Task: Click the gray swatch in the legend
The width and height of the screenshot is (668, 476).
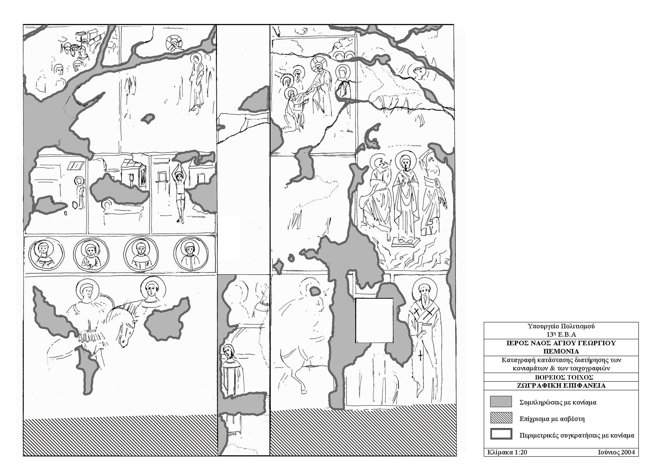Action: [501, 402]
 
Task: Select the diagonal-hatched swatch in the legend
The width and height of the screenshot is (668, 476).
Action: [501, 418]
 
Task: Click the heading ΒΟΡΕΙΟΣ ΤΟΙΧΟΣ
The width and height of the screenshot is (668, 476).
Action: [561, 377]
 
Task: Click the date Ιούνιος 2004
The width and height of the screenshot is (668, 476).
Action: [616, 452]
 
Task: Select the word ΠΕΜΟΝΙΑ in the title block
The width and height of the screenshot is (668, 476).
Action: [561, 351]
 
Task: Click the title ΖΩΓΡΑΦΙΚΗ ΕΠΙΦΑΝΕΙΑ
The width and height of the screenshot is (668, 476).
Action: [561, 386]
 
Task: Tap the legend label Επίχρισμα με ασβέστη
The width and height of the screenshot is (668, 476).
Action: [552, 419]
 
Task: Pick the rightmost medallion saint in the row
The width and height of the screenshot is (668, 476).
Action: [191, 254]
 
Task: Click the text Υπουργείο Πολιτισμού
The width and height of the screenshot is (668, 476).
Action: [561, 326]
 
